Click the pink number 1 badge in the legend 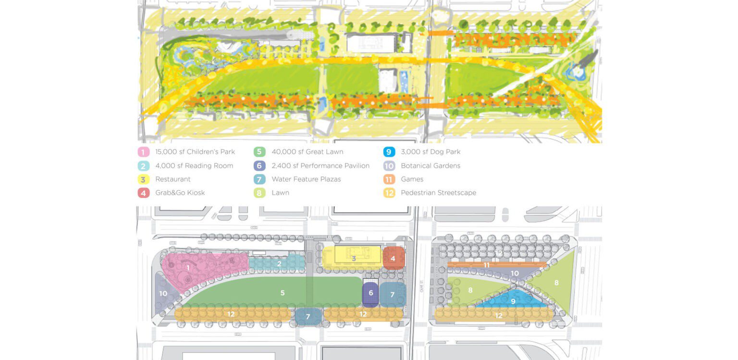click(143, 152)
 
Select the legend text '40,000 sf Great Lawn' click(307, 152)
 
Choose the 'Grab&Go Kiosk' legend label click(180, 193)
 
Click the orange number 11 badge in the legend click(389, 179)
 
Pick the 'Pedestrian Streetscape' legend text click(438, 193)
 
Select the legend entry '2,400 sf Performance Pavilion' click(320, 166)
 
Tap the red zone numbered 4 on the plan click(393, 259)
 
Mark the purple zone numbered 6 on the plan click(370, 293)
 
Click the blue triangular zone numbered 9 click(513, 301)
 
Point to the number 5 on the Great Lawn click(283, 293)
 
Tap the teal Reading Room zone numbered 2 click(279, 263)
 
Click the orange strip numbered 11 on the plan click(487, 265)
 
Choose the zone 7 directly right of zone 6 click(393, 294)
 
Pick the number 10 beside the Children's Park click(163, 293)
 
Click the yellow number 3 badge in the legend click(143, 179)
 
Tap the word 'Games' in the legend click(412, 179)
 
